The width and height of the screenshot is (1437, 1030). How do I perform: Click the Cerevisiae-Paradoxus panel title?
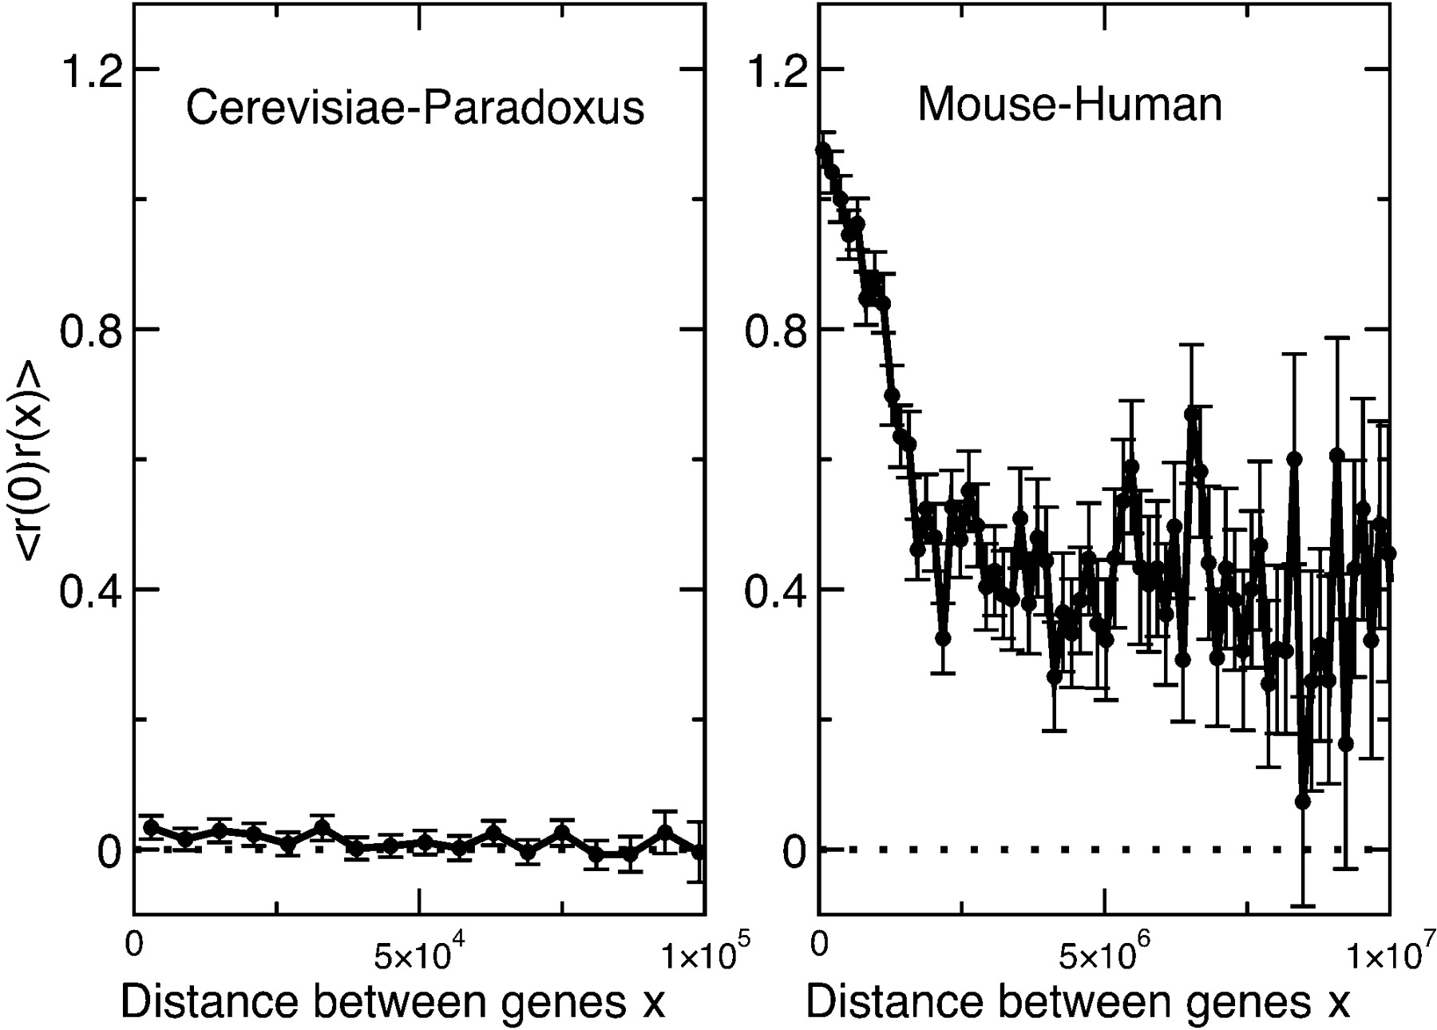point(415,108)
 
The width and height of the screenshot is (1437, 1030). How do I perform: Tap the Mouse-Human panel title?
point(1070,105)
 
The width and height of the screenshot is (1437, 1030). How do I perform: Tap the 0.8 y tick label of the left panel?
point(91,330)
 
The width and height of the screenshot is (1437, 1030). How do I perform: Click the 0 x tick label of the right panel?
point(819,945)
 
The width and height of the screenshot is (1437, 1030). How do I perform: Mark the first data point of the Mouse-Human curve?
point(822,150)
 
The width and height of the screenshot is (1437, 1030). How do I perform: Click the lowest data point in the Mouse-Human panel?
point(1303,801)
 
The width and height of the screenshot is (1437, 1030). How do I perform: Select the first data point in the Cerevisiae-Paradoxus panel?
point(151,827)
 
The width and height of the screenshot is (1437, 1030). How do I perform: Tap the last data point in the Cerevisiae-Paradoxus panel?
point(699,851)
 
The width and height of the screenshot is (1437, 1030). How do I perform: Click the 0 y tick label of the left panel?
point(109,851)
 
